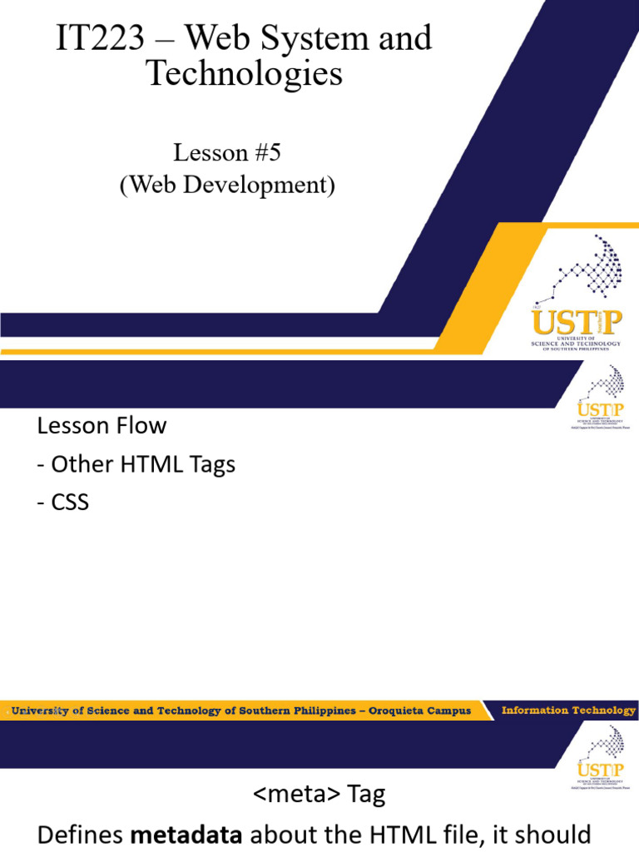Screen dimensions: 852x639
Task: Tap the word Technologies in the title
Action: click(x=244, y=73)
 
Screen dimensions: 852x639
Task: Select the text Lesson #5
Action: click(x=222, y=153)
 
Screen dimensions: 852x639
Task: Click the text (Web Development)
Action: click(x=226, y=185)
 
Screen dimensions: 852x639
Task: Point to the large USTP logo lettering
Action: click(x=575, y=323)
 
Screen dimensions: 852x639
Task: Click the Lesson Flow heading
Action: click(x=102, y=426)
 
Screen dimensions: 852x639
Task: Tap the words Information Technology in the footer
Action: click(x=568, y=711)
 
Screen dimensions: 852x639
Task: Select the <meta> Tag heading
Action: click(x=319, y=795)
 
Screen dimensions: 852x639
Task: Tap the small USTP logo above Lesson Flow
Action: click(x=594, y=399)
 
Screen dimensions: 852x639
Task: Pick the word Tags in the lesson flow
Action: click(x=212, y=464)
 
